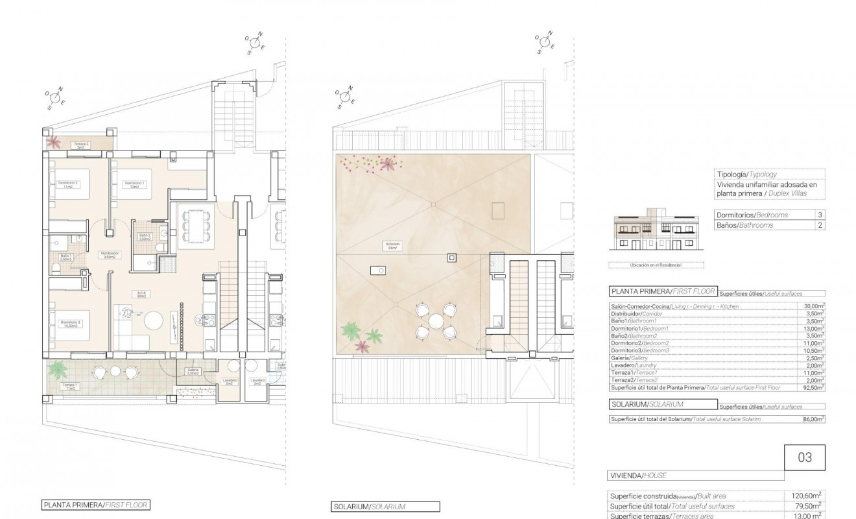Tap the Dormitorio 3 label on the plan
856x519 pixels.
70,324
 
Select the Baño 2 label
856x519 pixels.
145,237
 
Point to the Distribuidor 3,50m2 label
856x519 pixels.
108,255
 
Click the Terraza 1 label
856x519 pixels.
69,387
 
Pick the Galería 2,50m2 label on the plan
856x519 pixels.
193,372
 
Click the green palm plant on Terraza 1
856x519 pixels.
58,369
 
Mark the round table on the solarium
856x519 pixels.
436,320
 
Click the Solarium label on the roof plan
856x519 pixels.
392,247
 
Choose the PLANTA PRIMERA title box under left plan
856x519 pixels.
96,504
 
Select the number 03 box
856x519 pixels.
805,457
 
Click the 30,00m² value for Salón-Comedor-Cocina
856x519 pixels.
813,306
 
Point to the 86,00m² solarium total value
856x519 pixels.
813,420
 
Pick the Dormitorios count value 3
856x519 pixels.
820,215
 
